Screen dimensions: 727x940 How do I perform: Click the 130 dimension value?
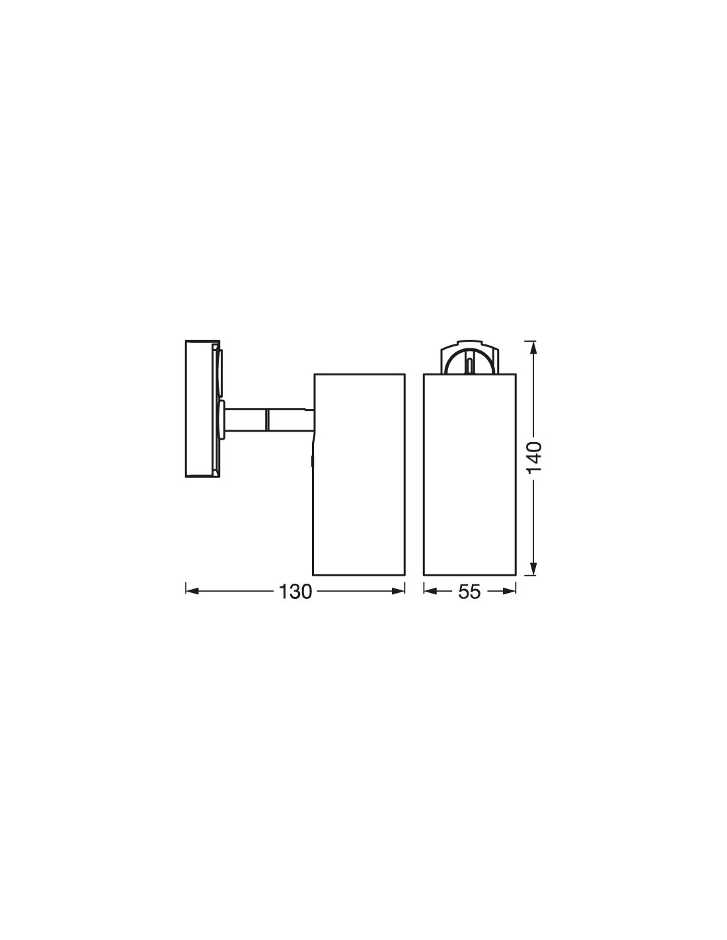point(295,592)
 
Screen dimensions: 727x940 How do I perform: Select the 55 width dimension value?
point(469,592)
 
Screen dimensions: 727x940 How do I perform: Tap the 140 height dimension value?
point(535,458)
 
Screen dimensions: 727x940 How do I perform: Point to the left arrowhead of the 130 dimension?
point(192,592)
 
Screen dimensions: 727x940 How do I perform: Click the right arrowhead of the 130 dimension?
point(398,592)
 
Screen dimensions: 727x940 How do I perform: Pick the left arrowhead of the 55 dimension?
point(431,592)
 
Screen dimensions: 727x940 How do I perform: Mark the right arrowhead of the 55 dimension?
point(509,592)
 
